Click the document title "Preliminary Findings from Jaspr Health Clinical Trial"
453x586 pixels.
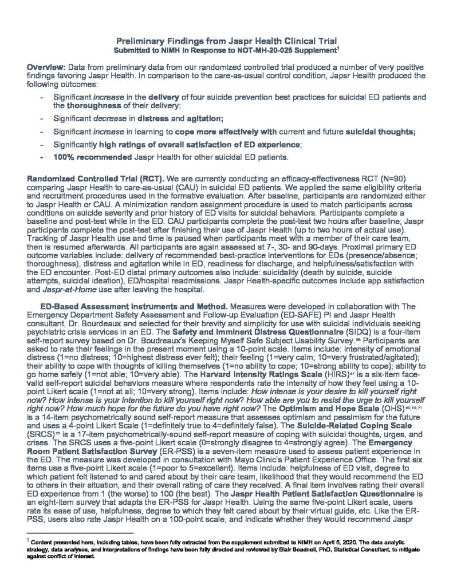click(226, 42)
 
